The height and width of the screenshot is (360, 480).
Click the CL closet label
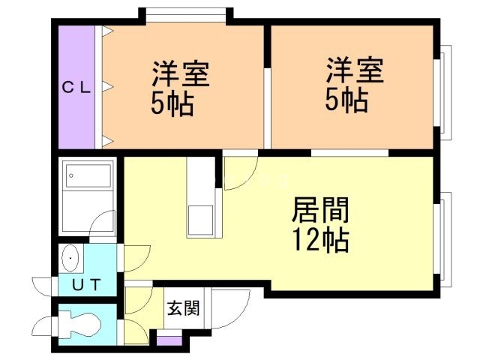point(76,88)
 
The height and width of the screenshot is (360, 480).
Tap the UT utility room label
point(87,285)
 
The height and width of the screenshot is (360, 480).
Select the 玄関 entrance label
point(184,308)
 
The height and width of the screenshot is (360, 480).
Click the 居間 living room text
point(320,210)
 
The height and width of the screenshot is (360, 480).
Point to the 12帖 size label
point(320,240)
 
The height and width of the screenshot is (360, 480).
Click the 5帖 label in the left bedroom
point(172,104)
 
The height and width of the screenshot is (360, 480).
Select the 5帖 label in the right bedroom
point(346,100)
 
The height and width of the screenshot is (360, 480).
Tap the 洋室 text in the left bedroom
point(181,73)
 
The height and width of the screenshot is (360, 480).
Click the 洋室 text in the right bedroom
point(355,70)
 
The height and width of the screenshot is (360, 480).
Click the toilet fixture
point(80,325)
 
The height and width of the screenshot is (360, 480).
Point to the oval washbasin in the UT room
point(70,258)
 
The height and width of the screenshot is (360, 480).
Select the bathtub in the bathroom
point(88,175)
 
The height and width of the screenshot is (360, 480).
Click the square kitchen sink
point(200,220)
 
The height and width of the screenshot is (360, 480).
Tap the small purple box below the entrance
point(169,340)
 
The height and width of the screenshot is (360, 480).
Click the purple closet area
point(76,87)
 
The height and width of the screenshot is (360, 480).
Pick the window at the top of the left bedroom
point(186,15)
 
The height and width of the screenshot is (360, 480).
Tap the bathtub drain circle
point(71,175)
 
